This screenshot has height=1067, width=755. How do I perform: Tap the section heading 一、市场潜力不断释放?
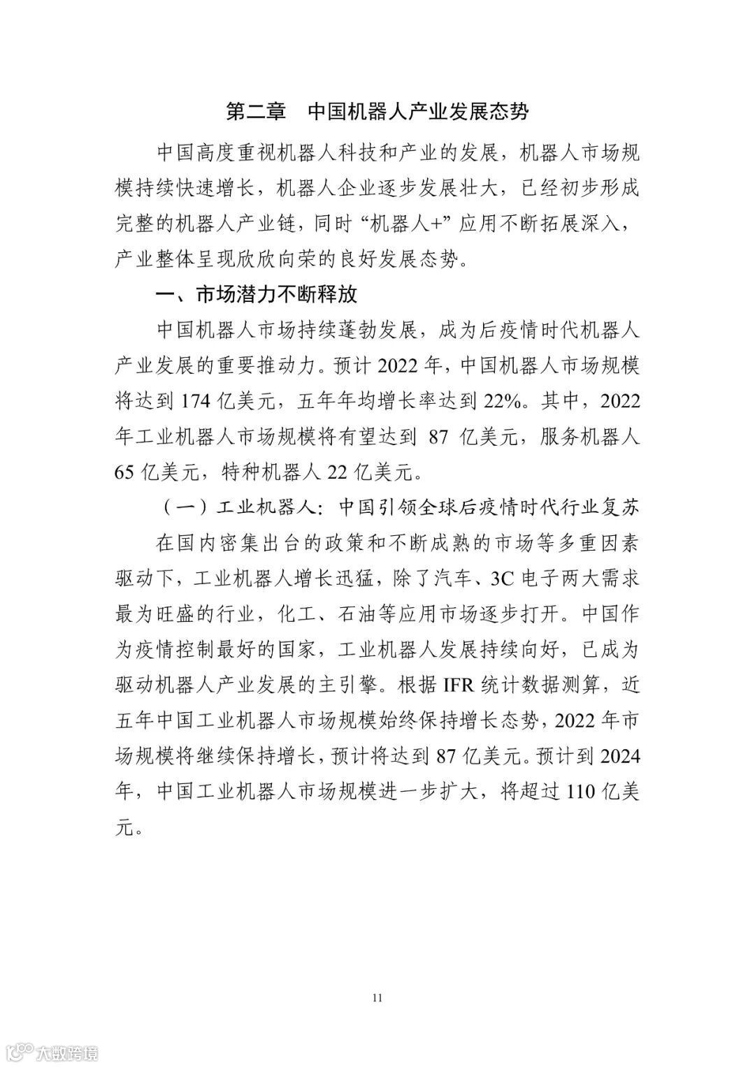click(256, 294)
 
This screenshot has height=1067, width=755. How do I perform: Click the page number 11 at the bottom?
click(377, 996)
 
